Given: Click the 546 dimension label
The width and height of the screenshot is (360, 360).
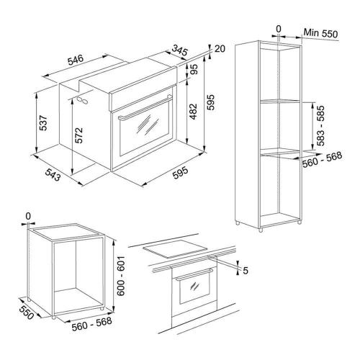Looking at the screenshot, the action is tap(76, 60).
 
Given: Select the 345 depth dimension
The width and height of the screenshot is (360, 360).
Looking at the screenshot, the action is tap(179, 50).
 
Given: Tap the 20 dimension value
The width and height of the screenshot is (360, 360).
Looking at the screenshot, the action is tap(220, 49).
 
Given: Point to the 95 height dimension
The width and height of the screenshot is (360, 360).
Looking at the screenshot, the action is tap(194, 69).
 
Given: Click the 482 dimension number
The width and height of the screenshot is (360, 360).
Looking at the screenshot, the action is tap(193, 112).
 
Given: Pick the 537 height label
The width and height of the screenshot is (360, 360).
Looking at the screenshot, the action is tap(43, 123).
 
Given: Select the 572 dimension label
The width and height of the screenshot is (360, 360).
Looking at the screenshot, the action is tap(78, 135).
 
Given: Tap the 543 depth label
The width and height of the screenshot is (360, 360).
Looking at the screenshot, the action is tap(53, 174).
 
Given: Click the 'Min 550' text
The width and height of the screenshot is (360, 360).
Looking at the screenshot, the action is tap(320, 33).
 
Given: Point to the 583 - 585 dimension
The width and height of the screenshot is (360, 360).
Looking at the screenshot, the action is tap(320, 125).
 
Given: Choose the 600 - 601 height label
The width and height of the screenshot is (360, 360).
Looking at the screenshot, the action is tap(122, 276).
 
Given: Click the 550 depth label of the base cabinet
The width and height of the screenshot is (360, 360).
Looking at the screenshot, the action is tap(26, 312).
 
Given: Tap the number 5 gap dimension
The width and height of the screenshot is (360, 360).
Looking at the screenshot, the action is tap(246, 271).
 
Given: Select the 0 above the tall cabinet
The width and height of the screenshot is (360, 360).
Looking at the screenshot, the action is tap(279, 29).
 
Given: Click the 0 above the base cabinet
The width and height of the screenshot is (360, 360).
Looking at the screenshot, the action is tap(28, 217).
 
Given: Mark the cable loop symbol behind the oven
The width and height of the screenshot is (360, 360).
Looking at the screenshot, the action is tap(82, 100).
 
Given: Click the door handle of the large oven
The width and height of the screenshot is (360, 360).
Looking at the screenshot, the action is tap(145, 107).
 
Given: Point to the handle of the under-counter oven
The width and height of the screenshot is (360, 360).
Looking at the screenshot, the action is tap(194, 274).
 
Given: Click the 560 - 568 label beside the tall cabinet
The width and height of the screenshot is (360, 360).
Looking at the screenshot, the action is tap(322, 160).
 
